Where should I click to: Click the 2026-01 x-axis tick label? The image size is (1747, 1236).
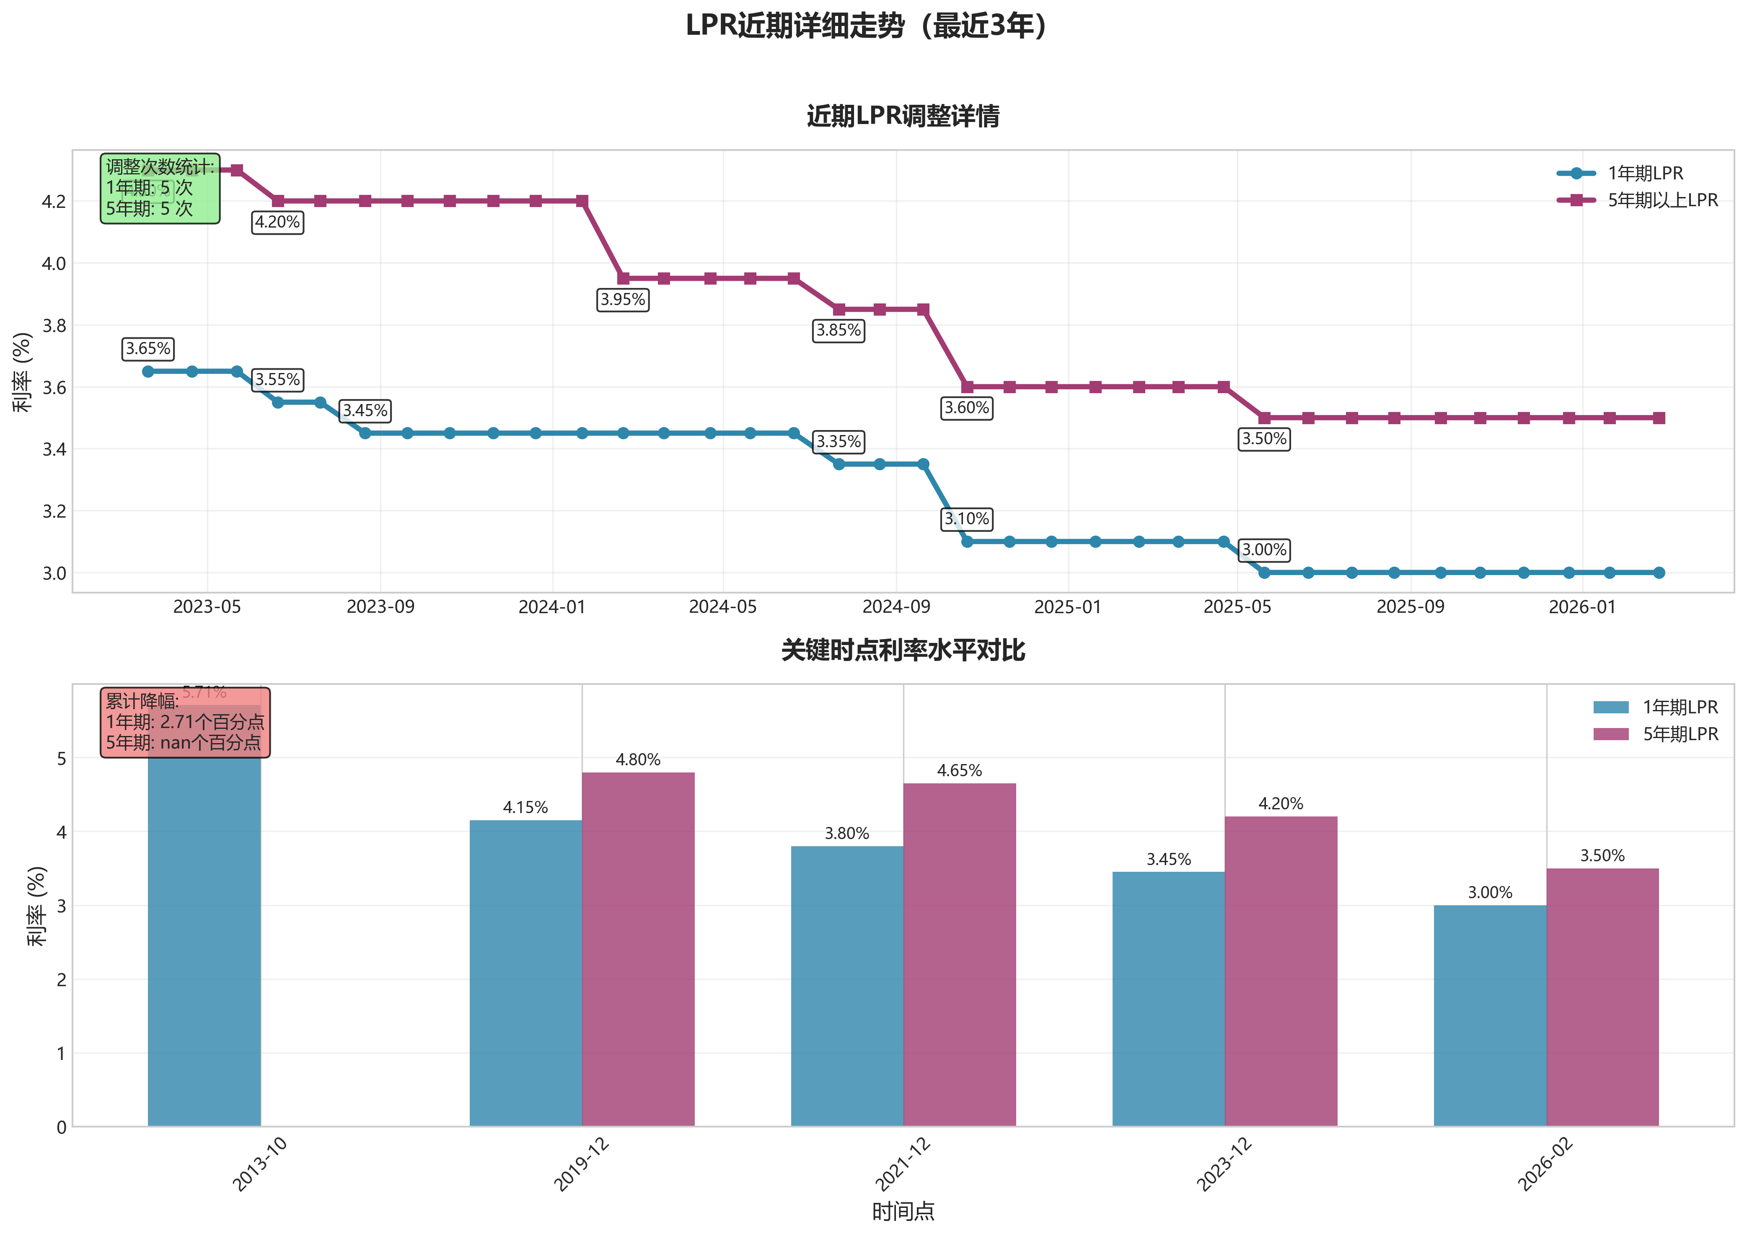point(1582,607)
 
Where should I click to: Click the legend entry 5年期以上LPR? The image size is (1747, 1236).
point(1662,200)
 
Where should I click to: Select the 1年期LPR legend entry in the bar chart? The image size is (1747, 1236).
point(1679,707)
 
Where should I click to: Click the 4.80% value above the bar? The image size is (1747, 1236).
point(638,759)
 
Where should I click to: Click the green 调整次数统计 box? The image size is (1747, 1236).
point(160,188)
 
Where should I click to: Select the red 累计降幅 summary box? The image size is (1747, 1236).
point(185,722)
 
